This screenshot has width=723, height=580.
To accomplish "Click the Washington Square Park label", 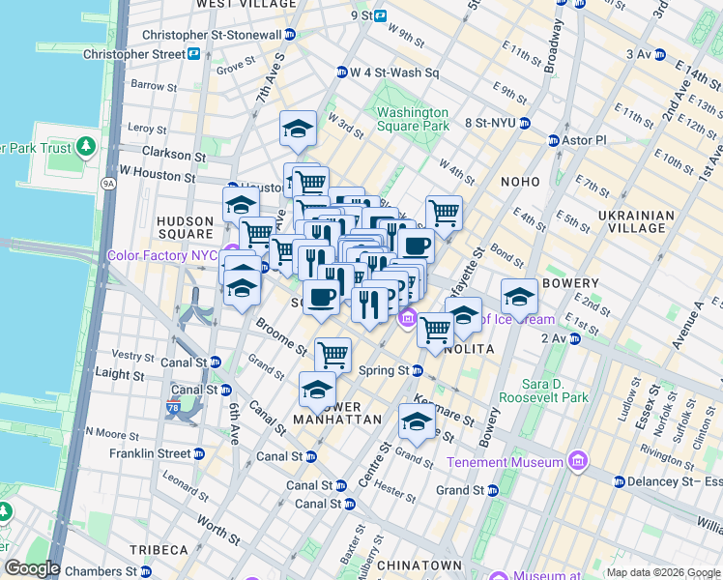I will pyautogui.click(x=413, y=119).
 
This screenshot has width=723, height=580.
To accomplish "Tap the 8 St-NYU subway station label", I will pyautogui.click(x=490, y=123).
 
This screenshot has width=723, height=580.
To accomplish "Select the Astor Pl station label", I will pyautogui.click(x=584, y=140).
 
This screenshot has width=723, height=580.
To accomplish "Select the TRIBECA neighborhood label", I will pyautogui.click(x=156, y=549).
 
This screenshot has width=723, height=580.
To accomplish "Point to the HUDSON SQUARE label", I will pyautogui.click(x=185, y=227).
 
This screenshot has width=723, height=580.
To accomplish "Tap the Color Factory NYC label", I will pyautogui.click(x=162, y=255).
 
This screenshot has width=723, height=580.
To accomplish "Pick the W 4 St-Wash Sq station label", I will pyautogui.click(x=394, y=72).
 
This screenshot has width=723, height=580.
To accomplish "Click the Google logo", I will pyautogui.click(x=31, y=568).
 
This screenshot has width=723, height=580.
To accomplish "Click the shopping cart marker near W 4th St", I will pyautogui.click(x=444, y=213).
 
